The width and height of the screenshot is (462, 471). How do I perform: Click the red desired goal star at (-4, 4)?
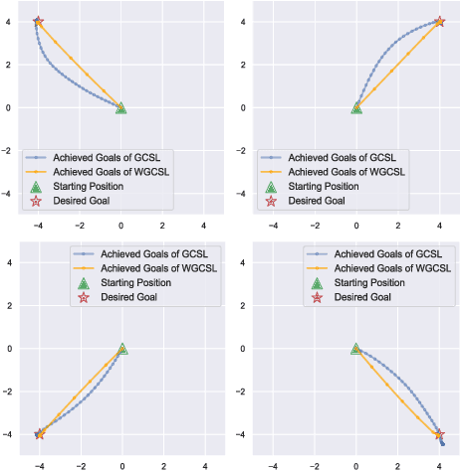(39, 22)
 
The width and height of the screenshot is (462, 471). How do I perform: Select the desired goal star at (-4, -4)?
(39, 433)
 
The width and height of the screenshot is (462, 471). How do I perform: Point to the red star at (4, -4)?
(439, 434)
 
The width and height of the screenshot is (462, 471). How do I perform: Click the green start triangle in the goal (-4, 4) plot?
(121, 107)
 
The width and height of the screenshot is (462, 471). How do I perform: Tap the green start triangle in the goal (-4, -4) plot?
(121, 349)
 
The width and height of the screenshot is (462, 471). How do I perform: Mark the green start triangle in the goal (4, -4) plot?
(356, 349)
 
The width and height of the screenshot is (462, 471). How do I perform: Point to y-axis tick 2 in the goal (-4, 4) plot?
(10, 66)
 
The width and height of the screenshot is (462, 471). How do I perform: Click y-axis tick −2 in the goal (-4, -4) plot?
(8, 391)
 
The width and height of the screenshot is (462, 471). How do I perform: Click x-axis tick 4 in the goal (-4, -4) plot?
(204, 464)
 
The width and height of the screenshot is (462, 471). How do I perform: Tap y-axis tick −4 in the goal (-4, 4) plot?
(8, 194)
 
